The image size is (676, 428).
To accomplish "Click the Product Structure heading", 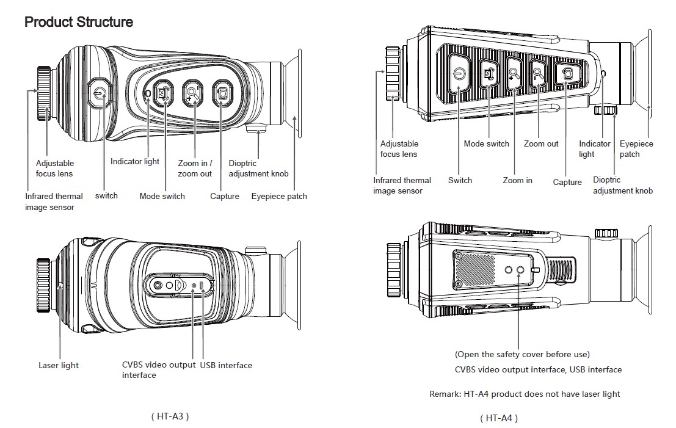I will [x=78, y=23].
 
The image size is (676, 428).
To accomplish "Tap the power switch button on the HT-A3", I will [x=100, y=93].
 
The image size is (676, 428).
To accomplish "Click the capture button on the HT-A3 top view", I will [x=222, y=93].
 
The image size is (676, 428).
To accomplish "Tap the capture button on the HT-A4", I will [x=567, y=74].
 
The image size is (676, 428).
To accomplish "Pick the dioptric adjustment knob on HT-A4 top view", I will [x=606, y=111].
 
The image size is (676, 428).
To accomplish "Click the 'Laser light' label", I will [x=59, y=365].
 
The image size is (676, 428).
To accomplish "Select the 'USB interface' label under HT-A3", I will [x=226, y=365].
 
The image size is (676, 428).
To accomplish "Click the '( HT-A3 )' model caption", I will [x=170, y=416].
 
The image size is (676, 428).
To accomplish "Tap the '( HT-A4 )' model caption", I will [x=499, y=418].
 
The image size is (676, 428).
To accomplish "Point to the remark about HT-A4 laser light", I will [x=525, y=394].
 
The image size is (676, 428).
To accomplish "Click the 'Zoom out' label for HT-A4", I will [x=541, y=144].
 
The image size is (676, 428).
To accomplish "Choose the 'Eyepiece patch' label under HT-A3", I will [x=279, y=197].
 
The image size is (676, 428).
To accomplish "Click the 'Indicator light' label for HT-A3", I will [x=135, y=162].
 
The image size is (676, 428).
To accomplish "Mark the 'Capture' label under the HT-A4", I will [x=567, y=182].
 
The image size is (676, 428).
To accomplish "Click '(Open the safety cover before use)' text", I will [x=522, y=354].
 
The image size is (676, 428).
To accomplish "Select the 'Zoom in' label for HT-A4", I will [x=517, y=180].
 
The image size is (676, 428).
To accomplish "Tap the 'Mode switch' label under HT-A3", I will [x=162, y=197].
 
